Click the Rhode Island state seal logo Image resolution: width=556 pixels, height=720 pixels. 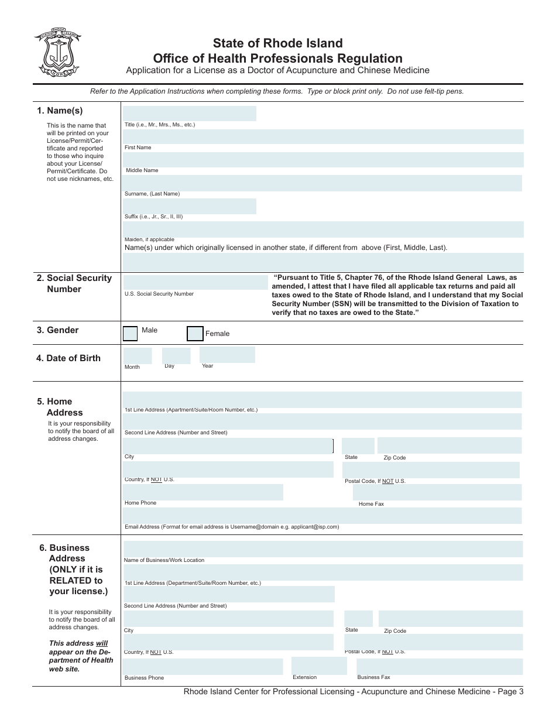[57, 53]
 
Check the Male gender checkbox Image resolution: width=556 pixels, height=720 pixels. [131, 334]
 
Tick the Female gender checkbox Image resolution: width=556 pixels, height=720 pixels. [195, 334]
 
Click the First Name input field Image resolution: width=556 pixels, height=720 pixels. [323, 137]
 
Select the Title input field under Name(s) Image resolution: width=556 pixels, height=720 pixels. [189, 114]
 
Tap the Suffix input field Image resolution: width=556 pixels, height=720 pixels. [189, 206]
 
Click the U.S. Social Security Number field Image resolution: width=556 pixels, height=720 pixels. [195, 283]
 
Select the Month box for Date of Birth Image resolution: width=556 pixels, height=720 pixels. [137, 355]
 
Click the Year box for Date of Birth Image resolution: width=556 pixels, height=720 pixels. [227, 355]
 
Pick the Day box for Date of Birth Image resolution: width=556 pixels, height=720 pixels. [176, 355]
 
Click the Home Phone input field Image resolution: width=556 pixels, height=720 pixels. [203, 492]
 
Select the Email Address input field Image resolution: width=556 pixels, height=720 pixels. [322, 515]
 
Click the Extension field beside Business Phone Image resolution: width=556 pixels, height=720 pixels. [319, 666]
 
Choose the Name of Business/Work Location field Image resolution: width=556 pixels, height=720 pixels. [323, 549]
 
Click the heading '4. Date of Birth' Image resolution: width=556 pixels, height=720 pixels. [68, 358]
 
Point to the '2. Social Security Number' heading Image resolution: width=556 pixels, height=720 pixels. [74, 283]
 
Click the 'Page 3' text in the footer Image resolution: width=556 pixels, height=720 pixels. [509, 692]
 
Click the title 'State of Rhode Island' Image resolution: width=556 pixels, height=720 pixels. [277, 43]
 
